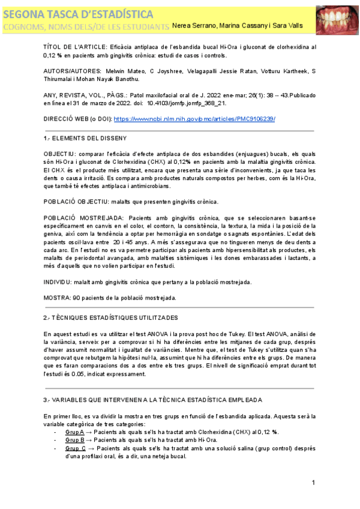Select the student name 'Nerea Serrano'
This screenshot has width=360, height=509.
pyautogui.click(x=192, y=25)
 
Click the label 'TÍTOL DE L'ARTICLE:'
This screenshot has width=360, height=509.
pyautogui.click(x=77, y=46)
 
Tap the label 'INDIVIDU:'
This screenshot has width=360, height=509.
pyautogui.click(x=60, y=282)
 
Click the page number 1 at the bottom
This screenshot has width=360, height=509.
pyautogui.click(x=314, y=483)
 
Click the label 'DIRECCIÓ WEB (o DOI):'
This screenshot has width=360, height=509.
pyautogui.click(x=77, y=119)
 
